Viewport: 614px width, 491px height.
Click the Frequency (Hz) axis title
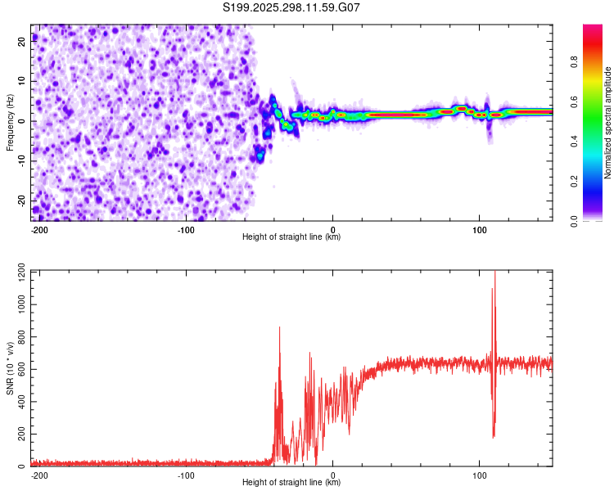tap(10, 123)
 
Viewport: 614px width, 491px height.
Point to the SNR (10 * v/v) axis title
tap(10, 368)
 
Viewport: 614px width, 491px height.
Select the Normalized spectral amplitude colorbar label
tap(608, 123)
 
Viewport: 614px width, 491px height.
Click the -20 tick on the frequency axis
tap(20, 200)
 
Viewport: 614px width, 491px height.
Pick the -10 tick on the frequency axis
tap(20, 161)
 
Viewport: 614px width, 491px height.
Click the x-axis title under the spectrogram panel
tap(291, 237)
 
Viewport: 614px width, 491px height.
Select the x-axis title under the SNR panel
tap(291, 483)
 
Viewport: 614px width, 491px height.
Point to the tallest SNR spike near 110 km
tap(494, 273)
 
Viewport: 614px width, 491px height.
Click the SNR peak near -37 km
tap(279, 327)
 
